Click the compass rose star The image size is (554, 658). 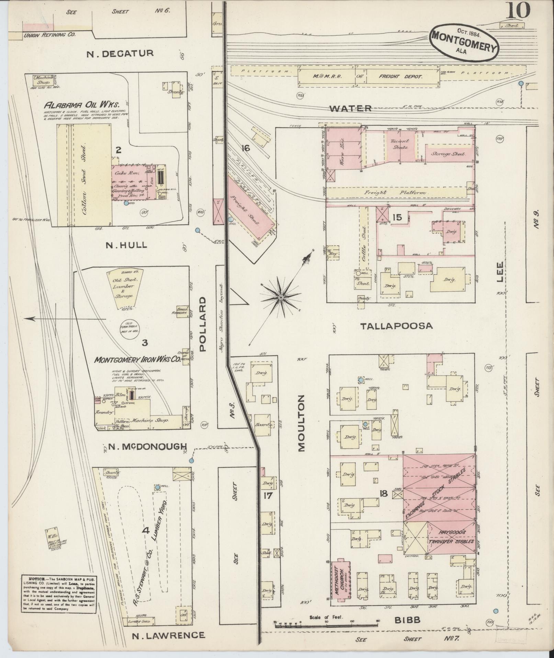281,297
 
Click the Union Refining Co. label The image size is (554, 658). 50,35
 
